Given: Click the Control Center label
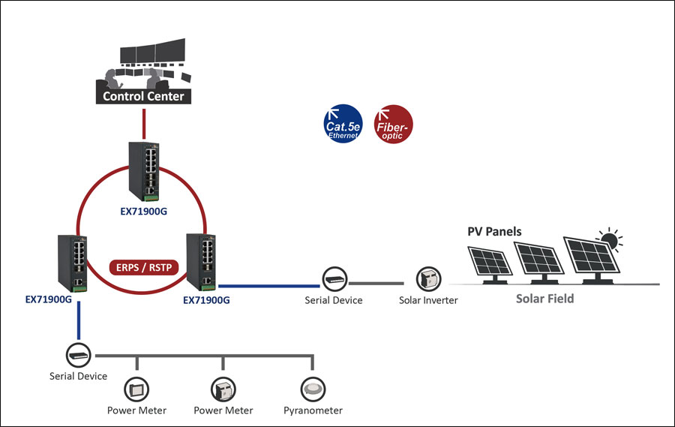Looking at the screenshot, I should (x=143, y=96).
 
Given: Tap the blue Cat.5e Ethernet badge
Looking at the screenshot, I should (x=343, y=123).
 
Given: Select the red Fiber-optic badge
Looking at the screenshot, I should (x=393, y=123).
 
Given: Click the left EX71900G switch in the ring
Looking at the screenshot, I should (x=75, y=263).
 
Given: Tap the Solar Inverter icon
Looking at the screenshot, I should (x=427, y=280).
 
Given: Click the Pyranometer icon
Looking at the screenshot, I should (x=313, y=388).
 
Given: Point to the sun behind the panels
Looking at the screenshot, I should (x=608, y=240).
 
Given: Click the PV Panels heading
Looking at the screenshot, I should (x=494, y=231).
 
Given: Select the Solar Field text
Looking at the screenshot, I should (x=544, y=299).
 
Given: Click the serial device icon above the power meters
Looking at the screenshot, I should (x=78, y=353).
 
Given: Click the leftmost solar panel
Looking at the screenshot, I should (x=491, y=262).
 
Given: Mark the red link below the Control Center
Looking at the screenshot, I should (x=143, y=122).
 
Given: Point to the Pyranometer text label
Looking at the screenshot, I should (x=313, y=410).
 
